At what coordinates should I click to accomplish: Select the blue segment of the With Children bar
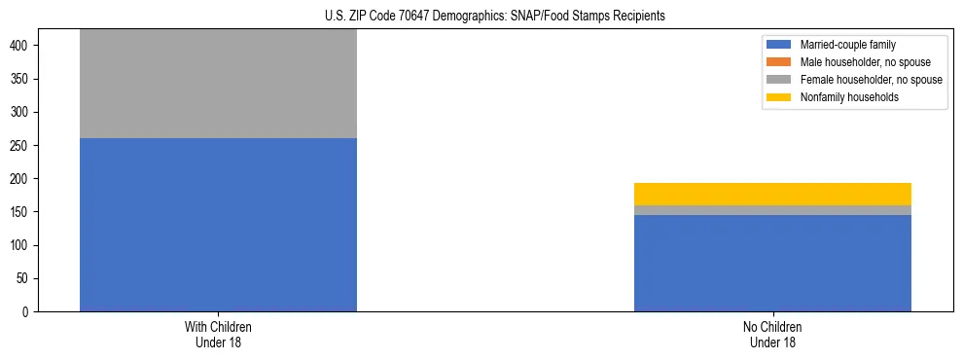pyautogui.click(x=218, y=225)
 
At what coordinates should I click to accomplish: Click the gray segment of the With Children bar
pyautogui.click(x=218, y=84)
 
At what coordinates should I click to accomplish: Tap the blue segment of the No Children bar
pyautogui.click(x=772, y=263)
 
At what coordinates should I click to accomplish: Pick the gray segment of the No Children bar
pyautogui.click(x=772, y=210)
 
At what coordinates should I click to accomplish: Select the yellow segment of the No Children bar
pyautogui.click(x=772, y=194)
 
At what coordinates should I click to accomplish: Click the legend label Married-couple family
pyautogui.click(x=848, y=45)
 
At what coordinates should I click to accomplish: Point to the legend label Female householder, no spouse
pyautogui.click(x=871, y=80)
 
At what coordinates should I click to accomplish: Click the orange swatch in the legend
pyautogui.click(x=779, y=62)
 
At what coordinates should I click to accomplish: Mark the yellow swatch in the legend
pyautogui.click(x=779, y=97)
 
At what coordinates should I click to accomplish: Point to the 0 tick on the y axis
pyautogui.click(x=27, y=312)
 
